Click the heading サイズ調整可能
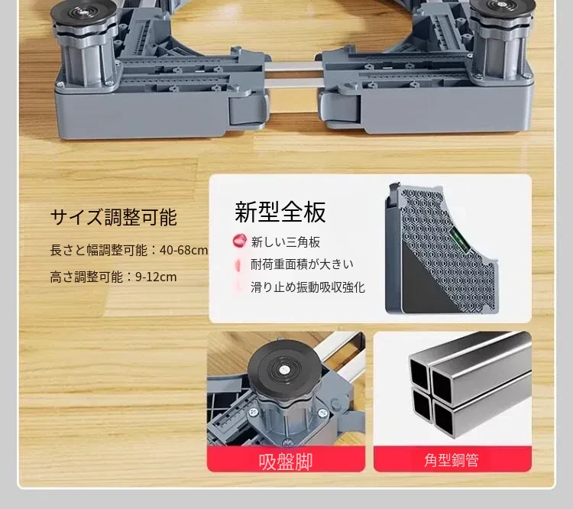point(113,217)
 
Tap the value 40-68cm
point(184,251)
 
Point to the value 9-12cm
point(156,277)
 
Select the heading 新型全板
point(280,212)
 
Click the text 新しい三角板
point(286,242)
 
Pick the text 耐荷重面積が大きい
point(302,264)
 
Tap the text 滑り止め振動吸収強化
point(308,287)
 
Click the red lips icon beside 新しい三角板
point(239,241)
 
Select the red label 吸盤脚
point(286,462)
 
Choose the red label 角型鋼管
point(452,460)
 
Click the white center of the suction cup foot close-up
point(283,371)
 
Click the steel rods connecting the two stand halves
point(293,74)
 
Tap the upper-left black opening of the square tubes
point(419,373)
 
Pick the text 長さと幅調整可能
point(99,251)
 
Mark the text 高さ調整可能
point(86,277)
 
